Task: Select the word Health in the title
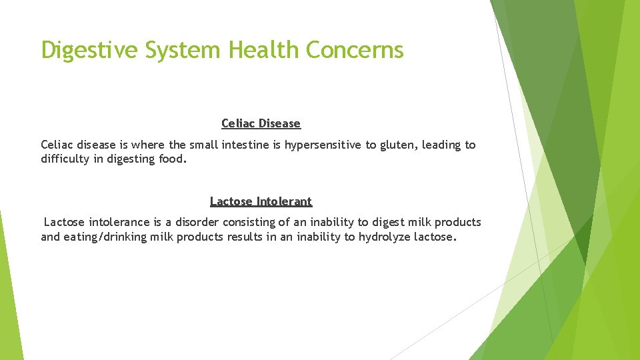point(265,50)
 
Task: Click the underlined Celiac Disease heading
point(261,123)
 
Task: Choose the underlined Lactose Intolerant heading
point(261,201)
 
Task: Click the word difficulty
point(64,159)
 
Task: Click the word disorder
point(195,222)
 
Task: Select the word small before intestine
point(203,145)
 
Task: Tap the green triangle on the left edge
point(9,293)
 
